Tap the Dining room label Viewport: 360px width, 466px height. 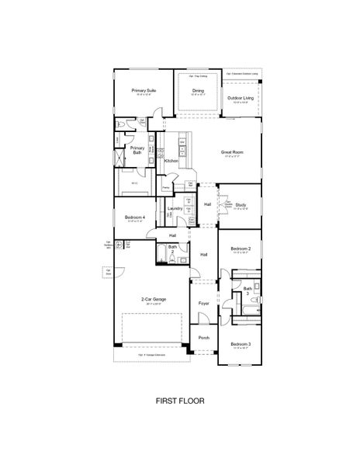[199, 90]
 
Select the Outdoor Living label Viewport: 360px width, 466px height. [241, 98]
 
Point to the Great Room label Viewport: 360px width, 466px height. [232, 152]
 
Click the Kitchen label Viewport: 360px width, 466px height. [171, 161]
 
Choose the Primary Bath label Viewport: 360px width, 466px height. [137, 150]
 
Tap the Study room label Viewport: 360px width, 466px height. [241, 204]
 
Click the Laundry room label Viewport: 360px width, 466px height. [175, 208]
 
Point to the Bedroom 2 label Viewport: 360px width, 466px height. [240, 249]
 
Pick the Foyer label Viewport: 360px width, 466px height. [204, 302]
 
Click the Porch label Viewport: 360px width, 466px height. [204, 337]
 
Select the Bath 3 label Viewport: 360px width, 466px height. [247, 289]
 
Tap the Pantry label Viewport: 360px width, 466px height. [166, 187]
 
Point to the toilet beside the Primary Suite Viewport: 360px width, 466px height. [119, 124]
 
